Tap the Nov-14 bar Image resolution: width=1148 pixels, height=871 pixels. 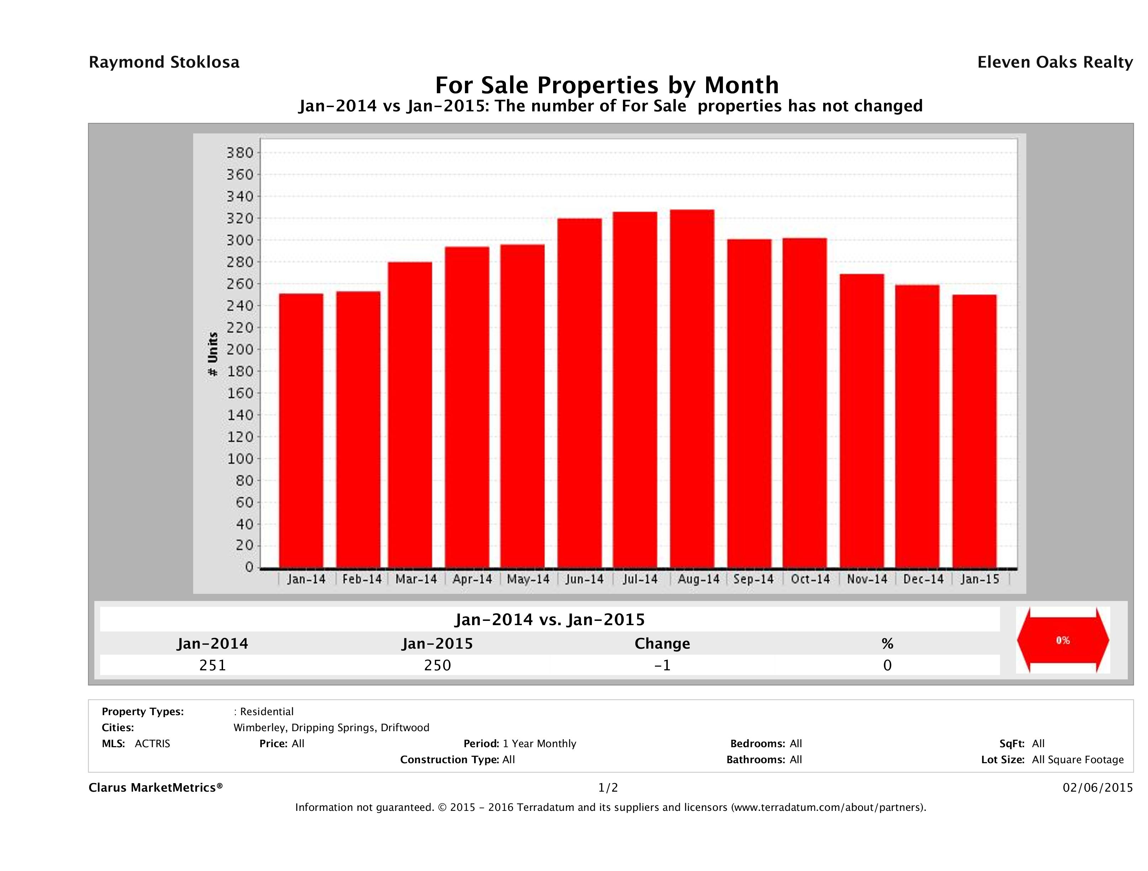point(862,421)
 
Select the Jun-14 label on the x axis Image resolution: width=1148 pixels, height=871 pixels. point(584,579)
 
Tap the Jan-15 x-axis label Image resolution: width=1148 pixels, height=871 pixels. point(979,579)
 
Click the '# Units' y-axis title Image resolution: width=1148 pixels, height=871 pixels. point(213,354)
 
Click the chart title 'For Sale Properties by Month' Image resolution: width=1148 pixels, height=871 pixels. point(607,85)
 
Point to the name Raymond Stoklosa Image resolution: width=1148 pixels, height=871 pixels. point(164,62)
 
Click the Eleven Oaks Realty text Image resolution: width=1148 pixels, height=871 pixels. point(1054,62)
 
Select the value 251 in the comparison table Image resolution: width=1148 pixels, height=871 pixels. point(213,665)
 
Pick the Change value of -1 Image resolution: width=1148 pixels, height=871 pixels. point(662,665)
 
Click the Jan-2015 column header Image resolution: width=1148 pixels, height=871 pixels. point(438,644)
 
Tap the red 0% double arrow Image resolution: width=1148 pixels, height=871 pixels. point(1062,640)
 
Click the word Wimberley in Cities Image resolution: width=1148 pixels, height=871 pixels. point(259,727)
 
